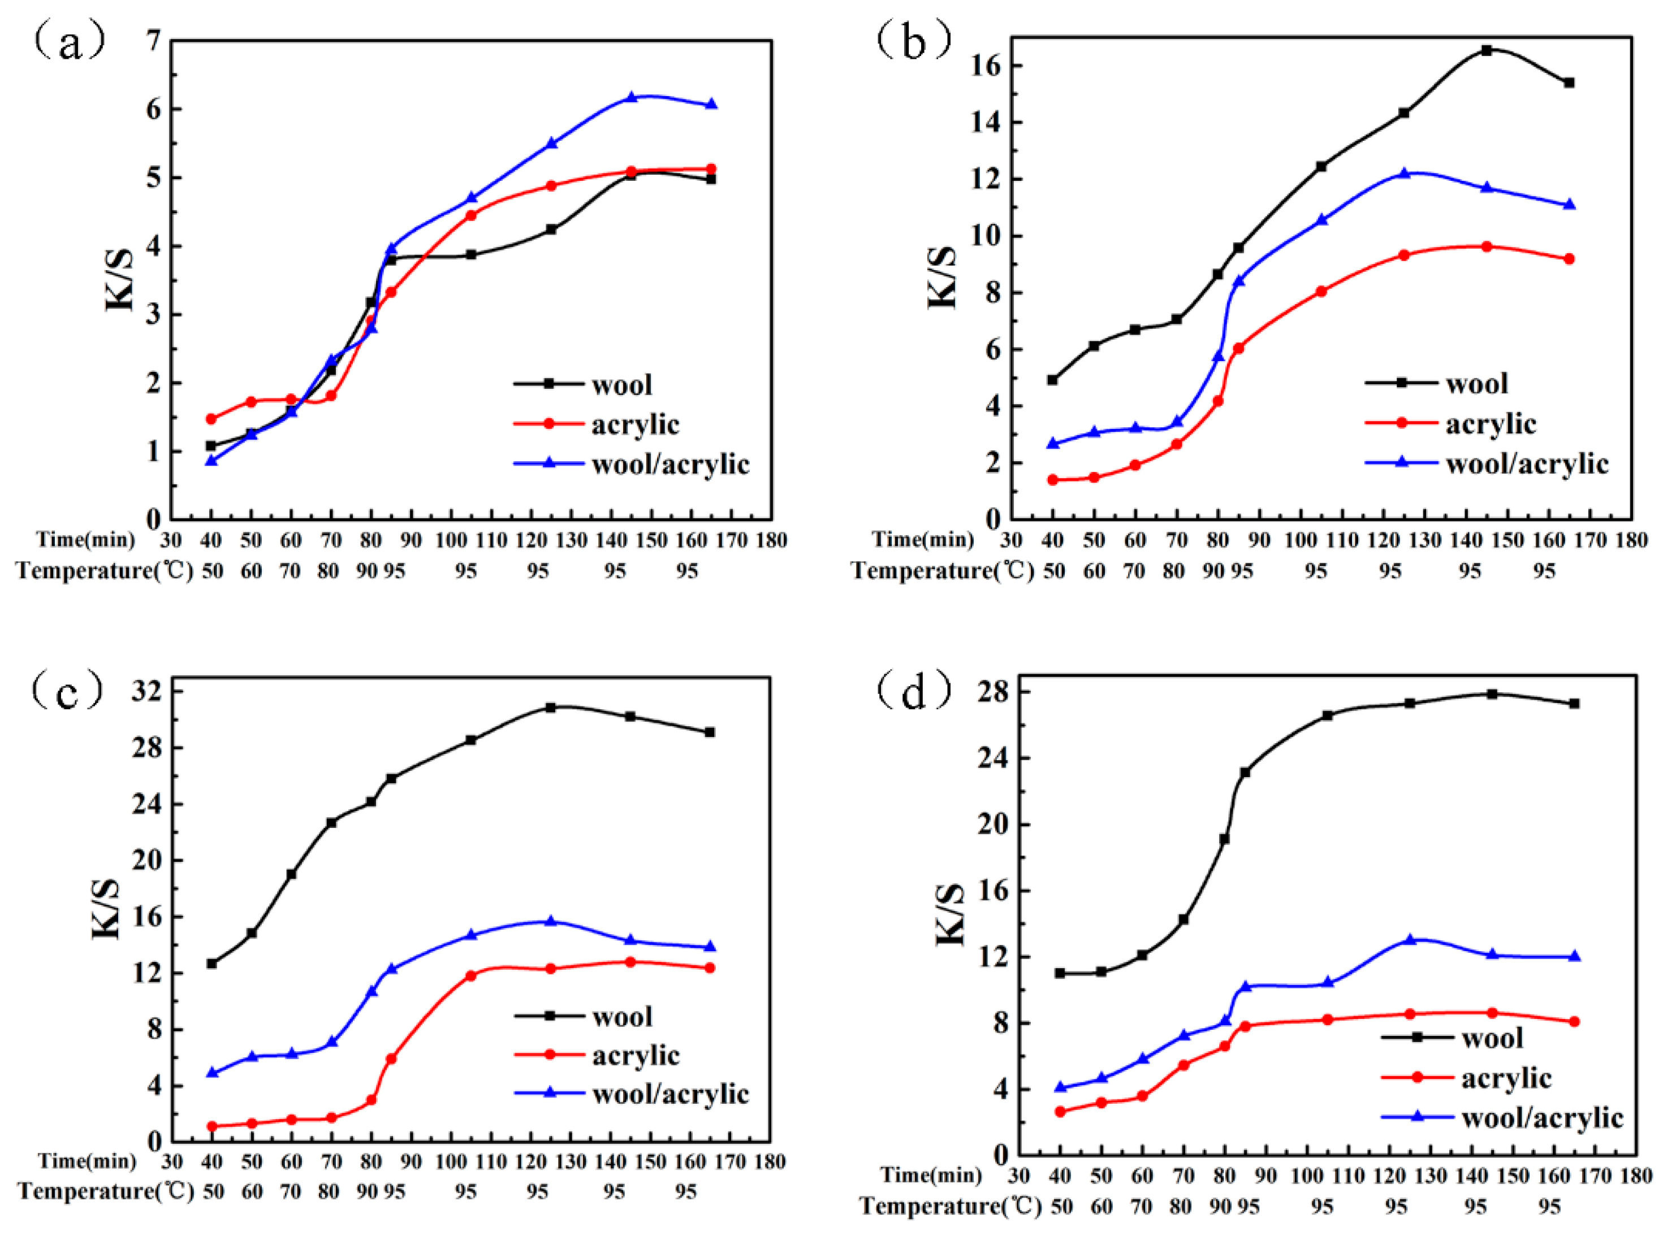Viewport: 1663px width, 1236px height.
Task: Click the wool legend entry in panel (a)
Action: (621, 385)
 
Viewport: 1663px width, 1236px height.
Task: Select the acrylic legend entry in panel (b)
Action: (1490, 424)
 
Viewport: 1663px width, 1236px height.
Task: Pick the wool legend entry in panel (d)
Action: (1492, 1039)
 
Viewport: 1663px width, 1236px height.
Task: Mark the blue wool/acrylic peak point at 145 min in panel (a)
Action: (631, 97)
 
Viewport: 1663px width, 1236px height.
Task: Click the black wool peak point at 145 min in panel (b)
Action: (1487, 50)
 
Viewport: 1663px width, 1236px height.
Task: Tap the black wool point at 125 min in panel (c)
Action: (550, 707)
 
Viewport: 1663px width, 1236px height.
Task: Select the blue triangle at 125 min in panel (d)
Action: (1410, 940)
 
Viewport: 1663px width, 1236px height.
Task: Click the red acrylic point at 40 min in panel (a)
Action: (211, 419)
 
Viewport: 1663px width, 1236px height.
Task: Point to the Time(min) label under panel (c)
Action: (88, 1162)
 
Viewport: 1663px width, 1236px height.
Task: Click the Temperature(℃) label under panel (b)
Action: (942, 571)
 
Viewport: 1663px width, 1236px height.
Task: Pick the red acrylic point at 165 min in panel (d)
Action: (1574, 1022)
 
